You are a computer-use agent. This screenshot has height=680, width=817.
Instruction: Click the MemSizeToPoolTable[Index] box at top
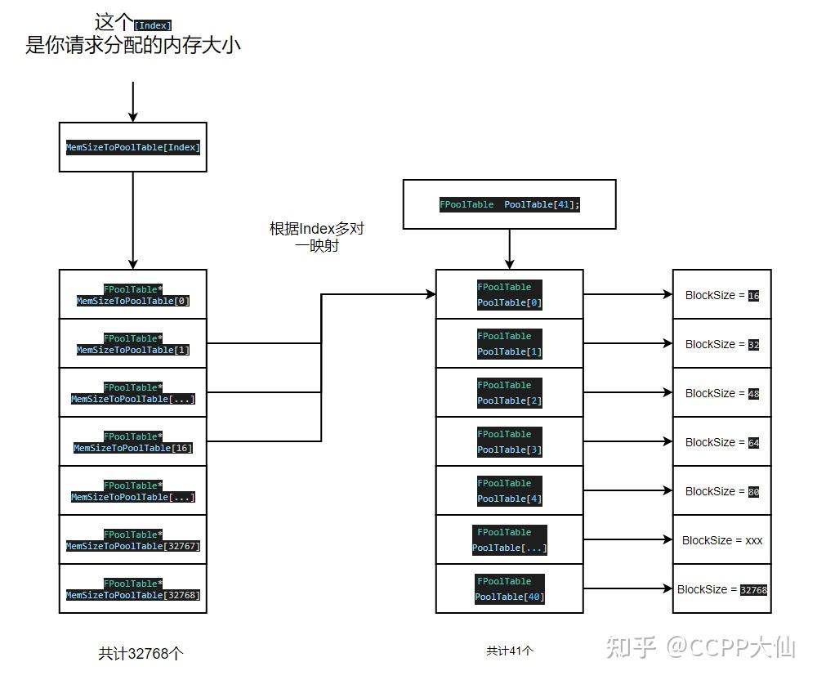(133, 147)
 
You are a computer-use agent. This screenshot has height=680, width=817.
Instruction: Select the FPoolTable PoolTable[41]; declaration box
(509, 204)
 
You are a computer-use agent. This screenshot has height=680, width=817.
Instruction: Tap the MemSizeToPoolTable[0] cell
(133, 294)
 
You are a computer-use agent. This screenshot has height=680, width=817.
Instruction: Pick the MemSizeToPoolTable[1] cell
(133, 343)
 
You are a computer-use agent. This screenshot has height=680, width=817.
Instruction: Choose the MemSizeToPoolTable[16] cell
(133, 441)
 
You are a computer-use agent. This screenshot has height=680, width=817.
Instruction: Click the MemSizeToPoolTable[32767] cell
(133, 539)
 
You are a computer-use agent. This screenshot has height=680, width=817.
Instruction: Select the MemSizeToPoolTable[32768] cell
(133, 588)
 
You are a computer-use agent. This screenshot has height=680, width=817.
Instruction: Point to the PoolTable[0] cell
(509, 294)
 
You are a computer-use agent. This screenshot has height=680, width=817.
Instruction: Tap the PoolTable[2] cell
(509, 392)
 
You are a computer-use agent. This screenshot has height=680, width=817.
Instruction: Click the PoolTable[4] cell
(509, 490)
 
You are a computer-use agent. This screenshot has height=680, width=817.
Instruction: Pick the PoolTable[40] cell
(509, 588)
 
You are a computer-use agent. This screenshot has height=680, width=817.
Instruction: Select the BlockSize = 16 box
(721, 294)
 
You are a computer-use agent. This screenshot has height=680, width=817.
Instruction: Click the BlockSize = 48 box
(721, 392)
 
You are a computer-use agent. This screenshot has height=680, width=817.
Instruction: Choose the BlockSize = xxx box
(721, 539)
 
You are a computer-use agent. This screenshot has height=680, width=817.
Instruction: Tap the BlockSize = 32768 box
(721, 588)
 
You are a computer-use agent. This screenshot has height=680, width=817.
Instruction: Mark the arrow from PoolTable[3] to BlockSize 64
(627, 441)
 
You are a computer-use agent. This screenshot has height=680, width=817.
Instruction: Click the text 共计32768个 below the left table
(141, 653)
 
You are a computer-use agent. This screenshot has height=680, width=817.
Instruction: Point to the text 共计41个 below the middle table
(509, 651)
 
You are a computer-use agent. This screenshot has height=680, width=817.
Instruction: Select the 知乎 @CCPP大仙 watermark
(700, 647)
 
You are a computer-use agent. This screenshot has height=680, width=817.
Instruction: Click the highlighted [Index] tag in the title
(153, 25)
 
